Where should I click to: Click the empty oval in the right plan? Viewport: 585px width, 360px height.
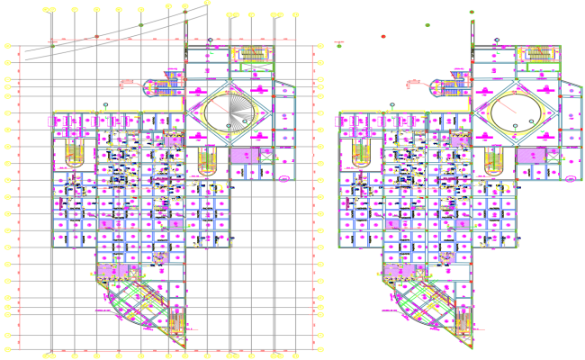[517, 114]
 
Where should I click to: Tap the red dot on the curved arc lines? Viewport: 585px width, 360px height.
[97, 37]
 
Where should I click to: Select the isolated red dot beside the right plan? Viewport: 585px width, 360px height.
[383, 37]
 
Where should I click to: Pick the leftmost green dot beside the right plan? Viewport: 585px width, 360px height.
[338, 43]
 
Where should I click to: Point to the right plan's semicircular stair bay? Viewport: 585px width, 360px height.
[448, 87]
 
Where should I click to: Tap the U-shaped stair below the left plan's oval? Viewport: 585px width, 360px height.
[208, 163]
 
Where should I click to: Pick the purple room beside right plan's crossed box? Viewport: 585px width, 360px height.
[529, 156]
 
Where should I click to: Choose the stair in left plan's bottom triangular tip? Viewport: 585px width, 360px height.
[178, 327]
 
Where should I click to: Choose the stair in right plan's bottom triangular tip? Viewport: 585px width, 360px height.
[465, 327]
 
